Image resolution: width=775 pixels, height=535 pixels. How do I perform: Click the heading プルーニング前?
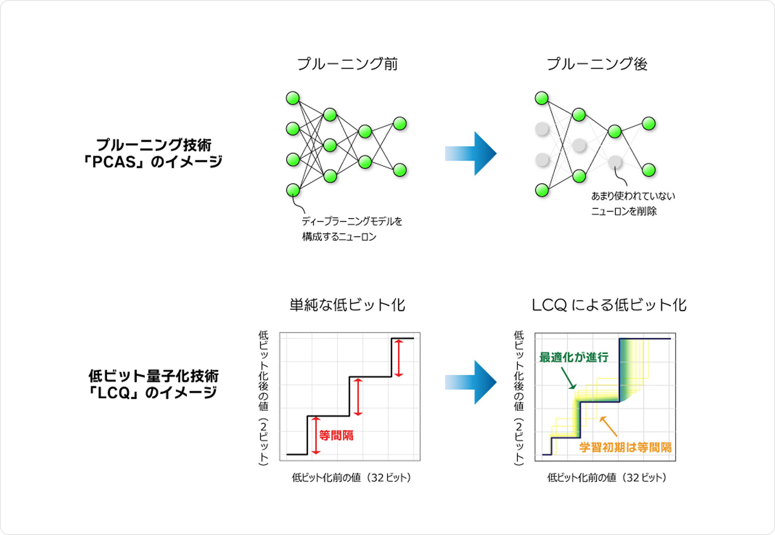[x=347, y=64]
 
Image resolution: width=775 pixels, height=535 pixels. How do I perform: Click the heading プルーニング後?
[x=597, y=64]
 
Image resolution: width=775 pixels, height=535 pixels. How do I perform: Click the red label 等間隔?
[x=336, y=435]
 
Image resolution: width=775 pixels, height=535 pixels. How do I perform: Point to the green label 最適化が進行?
[x=573, y=357]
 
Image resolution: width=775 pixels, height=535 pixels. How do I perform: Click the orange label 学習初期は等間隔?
[x=625, y=447]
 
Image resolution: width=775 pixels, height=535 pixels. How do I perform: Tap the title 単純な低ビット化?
[x=347, y=305]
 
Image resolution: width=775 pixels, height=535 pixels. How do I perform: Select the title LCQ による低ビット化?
[x=609, y=305]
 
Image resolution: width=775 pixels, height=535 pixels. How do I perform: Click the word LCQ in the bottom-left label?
[x=114, y=393]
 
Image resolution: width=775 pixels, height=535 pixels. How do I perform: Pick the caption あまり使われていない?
[x=633, y=196]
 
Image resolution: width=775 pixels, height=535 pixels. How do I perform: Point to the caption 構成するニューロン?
[x=339, y=236]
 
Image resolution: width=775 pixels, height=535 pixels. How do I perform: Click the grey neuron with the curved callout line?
[x=615, y=162]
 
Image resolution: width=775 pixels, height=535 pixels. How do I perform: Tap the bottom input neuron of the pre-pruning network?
[x=293, y=190]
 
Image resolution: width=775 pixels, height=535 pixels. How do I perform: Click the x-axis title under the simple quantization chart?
[x=351, y=477]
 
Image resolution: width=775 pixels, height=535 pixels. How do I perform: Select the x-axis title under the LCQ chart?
[x=606, y=477]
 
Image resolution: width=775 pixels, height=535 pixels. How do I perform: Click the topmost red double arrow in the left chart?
[x=399, y=358]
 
